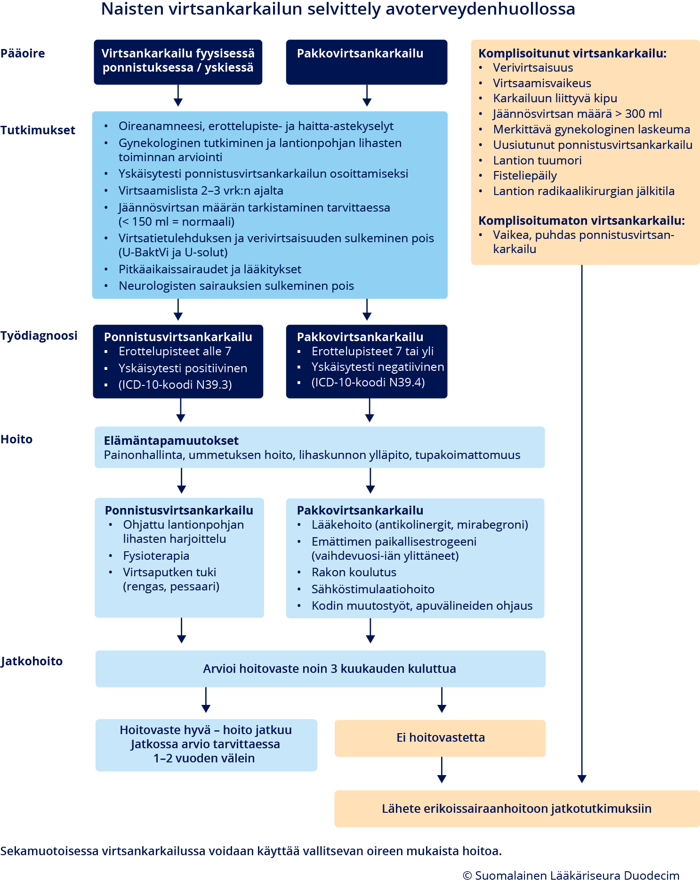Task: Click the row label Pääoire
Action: click(x=23, y=53)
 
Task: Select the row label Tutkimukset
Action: click(x=38, y=130)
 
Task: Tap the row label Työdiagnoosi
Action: click(x=39, y=335)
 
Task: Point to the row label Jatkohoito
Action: click(x=32, y=661)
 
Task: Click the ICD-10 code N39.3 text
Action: click(x=175, y=384)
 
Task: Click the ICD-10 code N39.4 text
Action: click(x=368, y=382)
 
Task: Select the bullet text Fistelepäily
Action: click(x=525, y=176)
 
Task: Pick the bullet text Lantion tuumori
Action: click(x=537, y=160)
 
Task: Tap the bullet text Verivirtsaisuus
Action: click(x=533, y=67)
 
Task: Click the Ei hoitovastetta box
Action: click(x=440, y=737)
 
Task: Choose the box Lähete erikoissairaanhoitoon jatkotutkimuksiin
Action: click(x=516, y=809)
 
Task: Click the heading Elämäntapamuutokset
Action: click(x=171, y=441)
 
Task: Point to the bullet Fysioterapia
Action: click(x=156, y=556)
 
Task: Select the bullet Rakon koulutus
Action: click(x=354, y=572)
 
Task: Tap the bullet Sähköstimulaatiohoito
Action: click(x=373, y=589)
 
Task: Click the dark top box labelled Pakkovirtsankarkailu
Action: click(x=366, y=62)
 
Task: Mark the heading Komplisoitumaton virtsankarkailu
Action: click(x=581, y=221)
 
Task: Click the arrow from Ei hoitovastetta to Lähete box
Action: click(x=442, y=770)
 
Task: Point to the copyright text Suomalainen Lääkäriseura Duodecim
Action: click(x=571, y=875)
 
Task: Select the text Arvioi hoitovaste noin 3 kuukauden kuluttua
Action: click(x=330, y=669)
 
